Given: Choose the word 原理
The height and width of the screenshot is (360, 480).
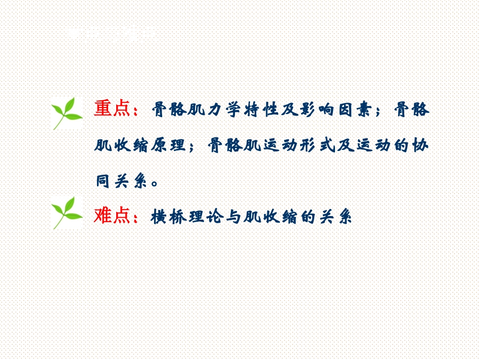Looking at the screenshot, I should coord(170,146).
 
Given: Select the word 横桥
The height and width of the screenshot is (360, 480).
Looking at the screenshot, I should coord(169,218).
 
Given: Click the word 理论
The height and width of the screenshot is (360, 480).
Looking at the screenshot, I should coord(206,218).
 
